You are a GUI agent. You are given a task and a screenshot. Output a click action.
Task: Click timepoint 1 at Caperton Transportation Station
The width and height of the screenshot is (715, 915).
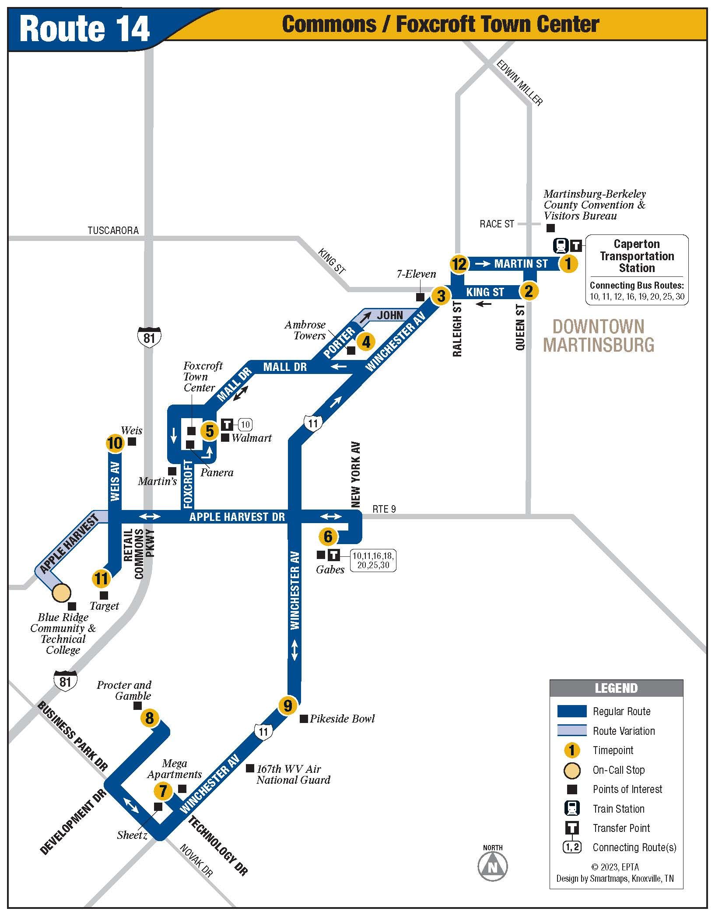(568, 264)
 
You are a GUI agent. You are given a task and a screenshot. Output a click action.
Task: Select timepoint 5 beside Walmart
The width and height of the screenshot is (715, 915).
(210, 431)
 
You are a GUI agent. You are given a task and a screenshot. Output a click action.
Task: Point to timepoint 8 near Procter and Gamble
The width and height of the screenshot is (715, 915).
(150, 718)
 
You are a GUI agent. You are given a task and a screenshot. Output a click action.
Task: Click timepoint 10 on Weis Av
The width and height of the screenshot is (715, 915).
(115, 443)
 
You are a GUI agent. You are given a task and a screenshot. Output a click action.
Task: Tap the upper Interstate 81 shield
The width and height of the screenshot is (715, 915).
(149, 337)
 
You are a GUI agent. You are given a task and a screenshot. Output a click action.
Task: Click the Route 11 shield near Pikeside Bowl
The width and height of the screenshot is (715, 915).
(263, 731)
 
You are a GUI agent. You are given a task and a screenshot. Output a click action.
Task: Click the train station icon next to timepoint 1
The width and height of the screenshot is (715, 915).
(561, 245)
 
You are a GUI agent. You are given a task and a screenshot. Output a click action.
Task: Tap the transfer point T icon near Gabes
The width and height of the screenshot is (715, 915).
(334, 555)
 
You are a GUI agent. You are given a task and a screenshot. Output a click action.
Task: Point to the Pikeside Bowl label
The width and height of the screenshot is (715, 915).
(342, 719)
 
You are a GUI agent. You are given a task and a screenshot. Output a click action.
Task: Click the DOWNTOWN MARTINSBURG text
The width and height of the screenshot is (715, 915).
(599, 336)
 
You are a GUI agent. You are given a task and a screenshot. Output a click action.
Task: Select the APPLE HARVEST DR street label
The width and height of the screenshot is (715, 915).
(237, 517)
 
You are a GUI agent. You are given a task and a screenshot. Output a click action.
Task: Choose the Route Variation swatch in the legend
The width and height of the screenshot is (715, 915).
(571, 730)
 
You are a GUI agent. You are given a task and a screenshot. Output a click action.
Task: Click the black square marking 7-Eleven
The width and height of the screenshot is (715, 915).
(420, 297)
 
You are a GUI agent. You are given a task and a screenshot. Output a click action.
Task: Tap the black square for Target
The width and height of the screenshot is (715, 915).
(104, 595)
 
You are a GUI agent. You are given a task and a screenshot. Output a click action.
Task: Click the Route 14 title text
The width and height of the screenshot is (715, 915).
(84, 29)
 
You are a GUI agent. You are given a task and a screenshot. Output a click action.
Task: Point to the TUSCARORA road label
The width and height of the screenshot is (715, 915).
(113, 230)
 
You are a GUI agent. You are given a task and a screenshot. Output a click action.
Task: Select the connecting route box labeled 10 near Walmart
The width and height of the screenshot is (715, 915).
(245, 424)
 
